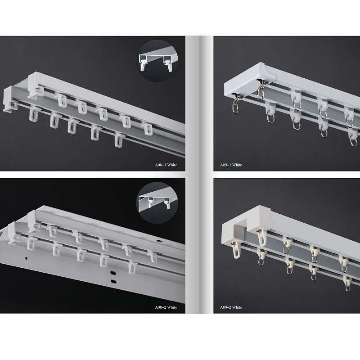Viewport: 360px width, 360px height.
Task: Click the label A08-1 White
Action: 166,165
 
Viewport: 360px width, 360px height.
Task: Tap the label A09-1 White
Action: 231,165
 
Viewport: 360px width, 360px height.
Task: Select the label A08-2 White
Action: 166,307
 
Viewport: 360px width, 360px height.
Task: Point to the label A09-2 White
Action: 231,307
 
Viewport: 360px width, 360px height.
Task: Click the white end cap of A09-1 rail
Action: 249,81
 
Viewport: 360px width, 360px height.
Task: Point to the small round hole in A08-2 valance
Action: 27,258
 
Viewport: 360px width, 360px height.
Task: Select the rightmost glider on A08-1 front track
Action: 119,139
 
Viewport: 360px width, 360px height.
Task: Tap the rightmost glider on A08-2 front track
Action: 132,266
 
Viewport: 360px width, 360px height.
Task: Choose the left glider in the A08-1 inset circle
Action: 143,64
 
